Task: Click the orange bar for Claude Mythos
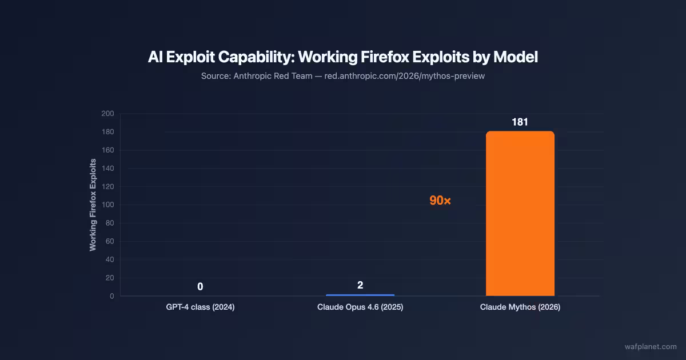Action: tap(520, 214)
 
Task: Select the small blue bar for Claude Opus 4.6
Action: tap(360, 295)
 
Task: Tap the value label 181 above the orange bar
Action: tap(520, 122)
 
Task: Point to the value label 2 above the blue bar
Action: tap(360, 285)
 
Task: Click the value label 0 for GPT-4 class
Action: tap(200, 286)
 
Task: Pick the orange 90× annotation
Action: tap(440, 201)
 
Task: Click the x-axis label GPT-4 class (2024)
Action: tap(200, 307)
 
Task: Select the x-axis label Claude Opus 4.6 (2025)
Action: tap(360, 307)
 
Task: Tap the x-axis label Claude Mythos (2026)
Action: tap(520, 307)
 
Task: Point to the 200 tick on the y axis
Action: tap(108, 114)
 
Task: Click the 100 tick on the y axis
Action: tap(108, 205)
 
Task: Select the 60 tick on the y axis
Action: tap(110, 241)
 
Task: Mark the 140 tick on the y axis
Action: tap(108, 169)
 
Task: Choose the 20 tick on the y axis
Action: tap(110, 278)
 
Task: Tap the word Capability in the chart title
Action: tap(250, 57)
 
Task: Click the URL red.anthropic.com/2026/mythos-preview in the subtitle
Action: tap(404, 76)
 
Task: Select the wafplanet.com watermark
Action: tap(651, 346)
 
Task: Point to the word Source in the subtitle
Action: tap(214, 76)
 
